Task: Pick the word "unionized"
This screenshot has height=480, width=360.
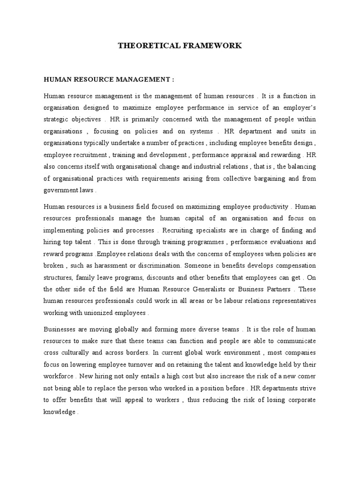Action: click(x=105, y=313)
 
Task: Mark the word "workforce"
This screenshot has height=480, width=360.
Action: click(x=59, y=376)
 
